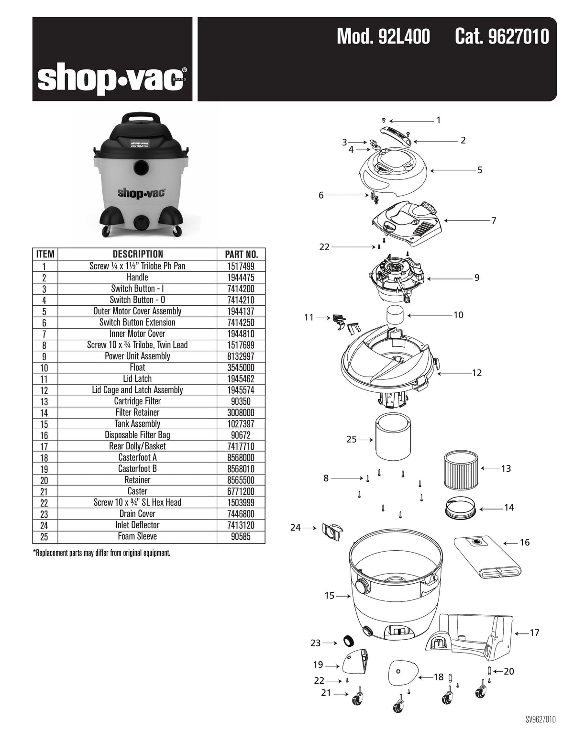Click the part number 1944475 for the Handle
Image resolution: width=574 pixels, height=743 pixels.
tap(241, 277)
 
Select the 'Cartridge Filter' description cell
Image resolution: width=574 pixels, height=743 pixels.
tap(137, 401)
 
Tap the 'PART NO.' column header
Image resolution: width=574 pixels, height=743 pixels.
tap(241, 254)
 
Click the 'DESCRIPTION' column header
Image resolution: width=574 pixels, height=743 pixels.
tap(137, 254)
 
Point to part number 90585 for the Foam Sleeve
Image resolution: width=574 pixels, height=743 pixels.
tap(241, 536)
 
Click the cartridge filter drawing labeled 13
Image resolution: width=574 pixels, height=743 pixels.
tap(458, 469)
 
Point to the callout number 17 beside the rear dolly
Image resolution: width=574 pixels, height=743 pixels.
tap(534, 633)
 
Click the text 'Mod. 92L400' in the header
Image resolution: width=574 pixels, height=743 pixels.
tap(383, 36)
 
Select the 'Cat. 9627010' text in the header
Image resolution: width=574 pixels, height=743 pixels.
tap(501, 36)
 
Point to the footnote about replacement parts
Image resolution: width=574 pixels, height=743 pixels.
tap(102, 553)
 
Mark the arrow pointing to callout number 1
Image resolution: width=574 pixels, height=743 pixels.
tap(411, 121)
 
